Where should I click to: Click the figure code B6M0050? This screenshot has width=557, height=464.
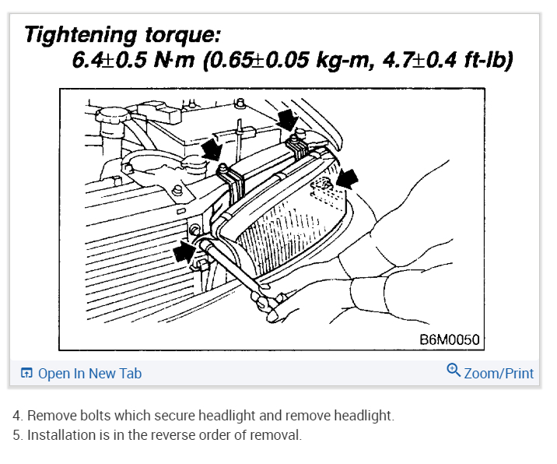[448, 340]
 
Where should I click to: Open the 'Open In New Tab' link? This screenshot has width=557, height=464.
[89, 374]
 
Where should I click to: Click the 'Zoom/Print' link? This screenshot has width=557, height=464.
[499, 374]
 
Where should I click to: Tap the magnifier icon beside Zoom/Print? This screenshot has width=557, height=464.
[454, 371]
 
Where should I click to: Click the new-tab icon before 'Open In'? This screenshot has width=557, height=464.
[26, 374]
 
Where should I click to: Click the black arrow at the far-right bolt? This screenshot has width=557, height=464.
[349, 178]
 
